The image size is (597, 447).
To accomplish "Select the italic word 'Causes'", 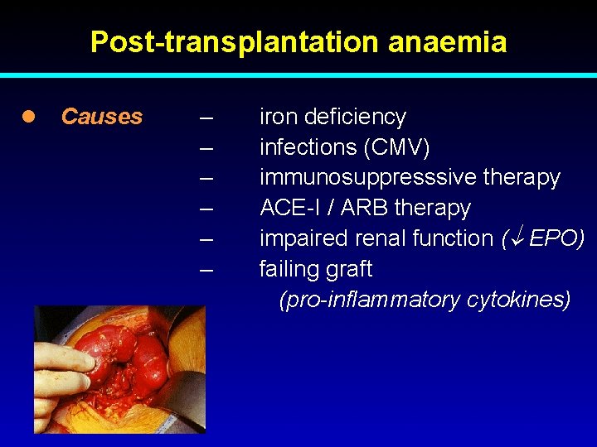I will [x=102, y=117].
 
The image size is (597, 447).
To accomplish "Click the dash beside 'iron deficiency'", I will [x=206, y=117].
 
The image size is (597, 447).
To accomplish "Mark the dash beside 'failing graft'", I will [x=206, y=269].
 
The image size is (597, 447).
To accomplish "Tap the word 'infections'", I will [x=308, y=147].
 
